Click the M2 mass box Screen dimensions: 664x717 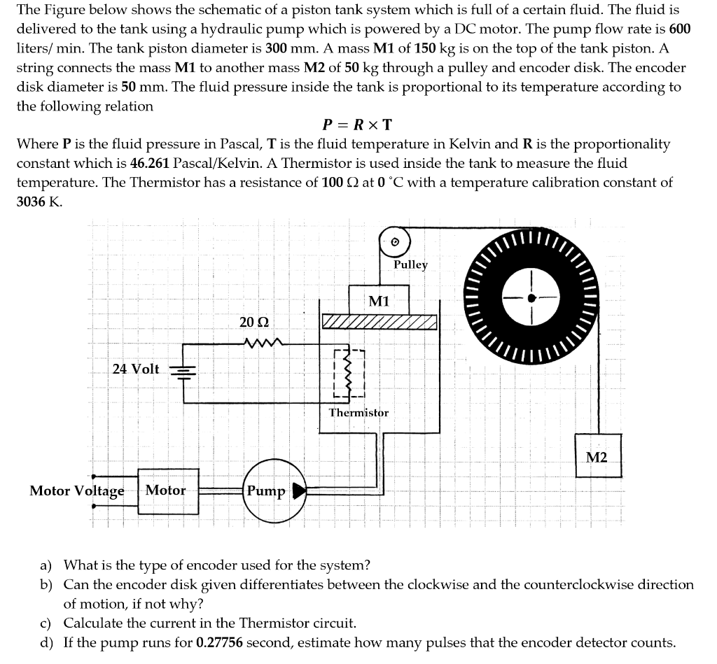pos(597,456)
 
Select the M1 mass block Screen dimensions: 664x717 pos(379,301)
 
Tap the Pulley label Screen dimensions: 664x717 pos(410,264)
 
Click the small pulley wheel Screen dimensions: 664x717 pos(394,241)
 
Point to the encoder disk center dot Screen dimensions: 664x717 pos(532,297)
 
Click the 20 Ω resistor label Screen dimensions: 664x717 pos(253,322)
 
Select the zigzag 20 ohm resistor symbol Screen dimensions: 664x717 pos(263,343)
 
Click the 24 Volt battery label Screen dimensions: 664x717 pos(136,369)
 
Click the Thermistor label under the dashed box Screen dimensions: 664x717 pos(358,412)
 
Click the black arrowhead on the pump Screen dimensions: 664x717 pos(299,490)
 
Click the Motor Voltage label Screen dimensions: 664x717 pos(77,490)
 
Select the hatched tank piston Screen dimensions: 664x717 pos(379,322)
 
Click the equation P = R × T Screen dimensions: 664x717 pos(357,125)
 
